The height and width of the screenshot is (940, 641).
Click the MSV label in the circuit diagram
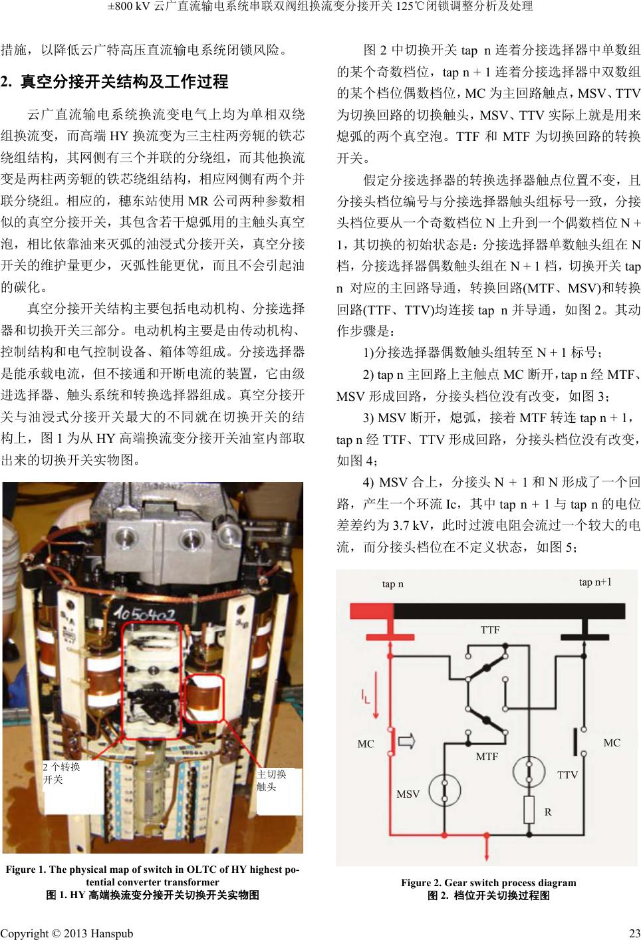408,794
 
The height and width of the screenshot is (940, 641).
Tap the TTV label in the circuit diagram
567,774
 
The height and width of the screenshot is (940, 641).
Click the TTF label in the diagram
490,630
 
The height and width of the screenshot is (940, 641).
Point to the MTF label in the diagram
487,757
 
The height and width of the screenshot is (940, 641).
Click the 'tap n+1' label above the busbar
595,582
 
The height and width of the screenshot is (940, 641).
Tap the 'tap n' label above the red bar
392,584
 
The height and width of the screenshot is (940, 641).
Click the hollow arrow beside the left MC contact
406,741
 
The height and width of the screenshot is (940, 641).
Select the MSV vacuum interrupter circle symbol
445,790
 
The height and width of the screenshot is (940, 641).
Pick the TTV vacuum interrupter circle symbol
529,771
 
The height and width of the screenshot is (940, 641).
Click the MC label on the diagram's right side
612,743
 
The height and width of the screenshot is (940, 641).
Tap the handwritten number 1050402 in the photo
145,615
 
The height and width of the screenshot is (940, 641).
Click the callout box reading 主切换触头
279,792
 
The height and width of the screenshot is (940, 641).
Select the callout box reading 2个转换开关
73,786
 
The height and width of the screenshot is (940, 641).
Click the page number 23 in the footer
635,933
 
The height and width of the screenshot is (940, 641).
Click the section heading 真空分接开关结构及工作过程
124,81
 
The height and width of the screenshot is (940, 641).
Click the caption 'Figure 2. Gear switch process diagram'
489,882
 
